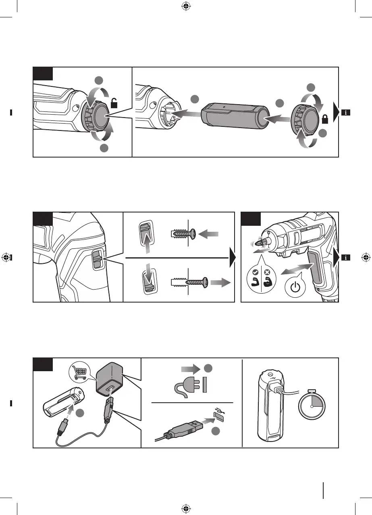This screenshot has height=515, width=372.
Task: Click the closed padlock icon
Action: click(x=324, y=119)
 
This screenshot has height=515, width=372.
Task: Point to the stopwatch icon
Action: click(x=312, y=405)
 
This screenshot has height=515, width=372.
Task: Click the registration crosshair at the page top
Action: click(x=186, y=6)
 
